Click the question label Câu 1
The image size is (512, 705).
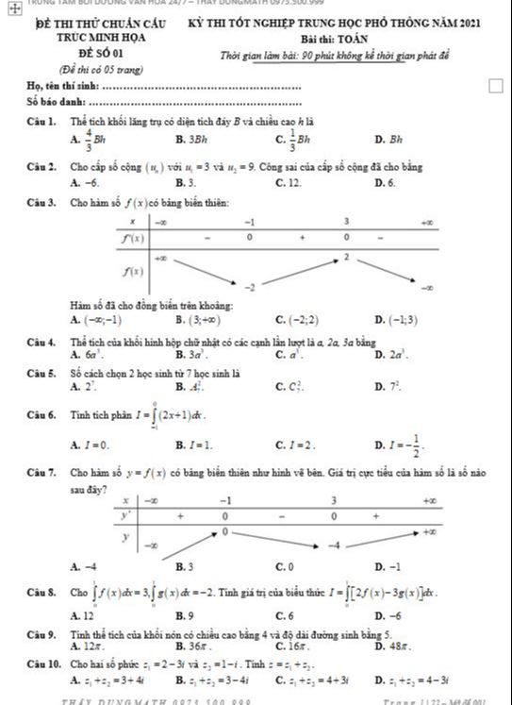point(41,121)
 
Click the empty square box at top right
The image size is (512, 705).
point(496,87)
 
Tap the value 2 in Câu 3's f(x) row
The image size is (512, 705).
point(346,256)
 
